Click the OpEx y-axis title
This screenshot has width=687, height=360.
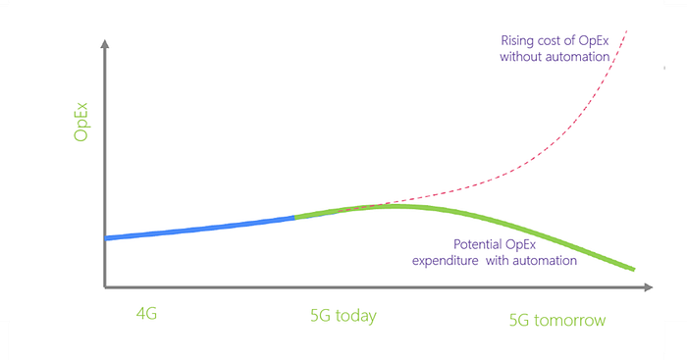pyautogui.click(x=81, y=123)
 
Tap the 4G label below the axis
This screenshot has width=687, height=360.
pyautogui.click(x=146, y=314)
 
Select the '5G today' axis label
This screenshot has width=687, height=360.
pyautogui.click(x=343, y=316)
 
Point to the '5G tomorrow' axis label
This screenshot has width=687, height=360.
pyautogui.click(x=557, y=320)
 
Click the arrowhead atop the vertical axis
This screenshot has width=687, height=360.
pyautogui.click(x=105, y=44)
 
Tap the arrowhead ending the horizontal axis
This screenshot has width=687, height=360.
pyautogui.click(x=649, y=287)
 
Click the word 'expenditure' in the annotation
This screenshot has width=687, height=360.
pyautogui.click(x=446, y=261)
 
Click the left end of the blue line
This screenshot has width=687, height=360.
pyautogui.click(x=106, y=238)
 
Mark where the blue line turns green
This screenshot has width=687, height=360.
pyautogui.click(x=294, y=217)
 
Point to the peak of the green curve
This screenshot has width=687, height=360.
pyautogui.click(x=396, y=206)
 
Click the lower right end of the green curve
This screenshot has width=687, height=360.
pyautogui.click(x=634, y=269)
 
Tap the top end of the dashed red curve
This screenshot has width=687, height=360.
pyautogui.click(x=627, y=31)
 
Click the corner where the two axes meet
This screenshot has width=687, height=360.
pyautogui.click(x=105, y=287)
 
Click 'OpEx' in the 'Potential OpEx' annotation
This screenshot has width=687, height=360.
pyautogui.click(x=520, y=245)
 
